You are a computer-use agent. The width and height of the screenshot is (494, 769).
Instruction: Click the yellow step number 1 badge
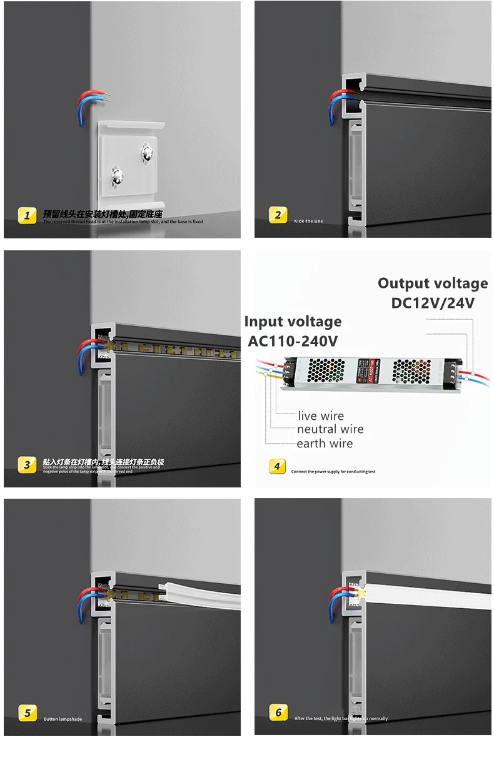26,216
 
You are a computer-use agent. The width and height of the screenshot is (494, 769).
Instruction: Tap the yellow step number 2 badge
278,216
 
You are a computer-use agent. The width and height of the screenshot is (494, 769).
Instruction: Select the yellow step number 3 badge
26,465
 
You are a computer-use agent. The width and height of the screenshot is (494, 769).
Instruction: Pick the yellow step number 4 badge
278,466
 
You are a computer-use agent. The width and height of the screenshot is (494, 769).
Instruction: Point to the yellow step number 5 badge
26,713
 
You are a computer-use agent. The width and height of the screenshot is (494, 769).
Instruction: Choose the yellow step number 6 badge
278,713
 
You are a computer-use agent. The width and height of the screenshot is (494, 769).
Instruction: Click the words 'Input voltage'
293,322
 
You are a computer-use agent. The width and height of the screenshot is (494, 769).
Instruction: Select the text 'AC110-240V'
293,341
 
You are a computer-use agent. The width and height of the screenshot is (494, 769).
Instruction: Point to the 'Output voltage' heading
433,283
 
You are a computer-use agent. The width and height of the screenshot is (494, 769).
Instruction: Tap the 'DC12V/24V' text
433,303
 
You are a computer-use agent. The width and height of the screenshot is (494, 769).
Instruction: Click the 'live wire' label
321,416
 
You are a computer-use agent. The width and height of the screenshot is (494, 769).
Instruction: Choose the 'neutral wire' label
330,430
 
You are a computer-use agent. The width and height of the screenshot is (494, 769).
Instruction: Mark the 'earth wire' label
325,444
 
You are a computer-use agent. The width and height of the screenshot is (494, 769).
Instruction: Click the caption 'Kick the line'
309,221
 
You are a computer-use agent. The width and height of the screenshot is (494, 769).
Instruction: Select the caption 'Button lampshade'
63,719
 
